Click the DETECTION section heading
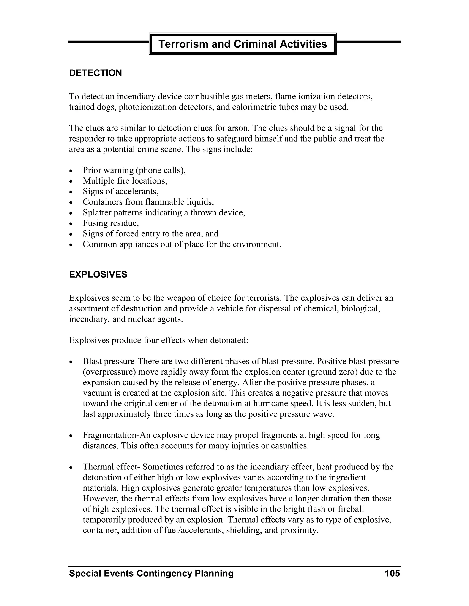95,73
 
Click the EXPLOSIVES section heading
98,274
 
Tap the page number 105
392,573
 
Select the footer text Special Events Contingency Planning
151,573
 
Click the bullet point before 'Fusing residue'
71,224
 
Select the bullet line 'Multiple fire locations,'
125,181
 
